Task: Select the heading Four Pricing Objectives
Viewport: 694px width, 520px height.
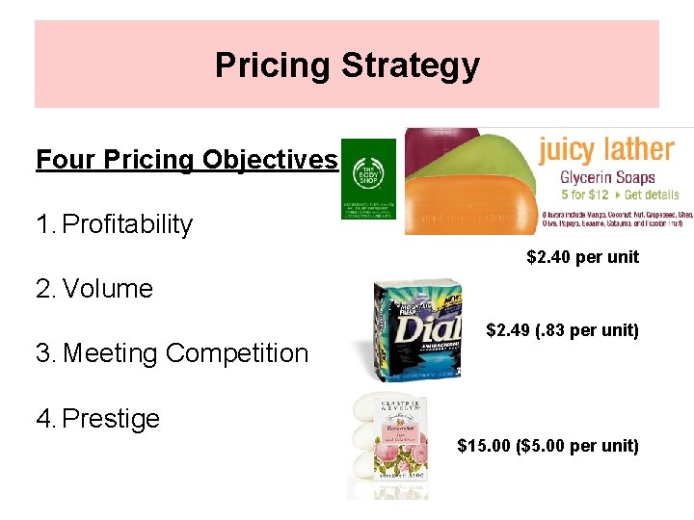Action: (187, 159)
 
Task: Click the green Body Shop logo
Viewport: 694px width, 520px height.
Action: (368, 178)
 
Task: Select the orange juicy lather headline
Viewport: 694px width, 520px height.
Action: (605, 150)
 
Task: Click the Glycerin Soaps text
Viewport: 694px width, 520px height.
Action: (608, 177)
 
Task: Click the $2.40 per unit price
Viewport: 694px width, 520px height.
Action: (582, 257)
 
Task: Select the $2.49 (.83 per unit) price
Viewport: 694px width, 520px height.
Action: (562, 330)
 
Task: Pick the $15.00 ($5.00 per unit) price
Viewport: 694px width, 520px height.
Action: (547, 446)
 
